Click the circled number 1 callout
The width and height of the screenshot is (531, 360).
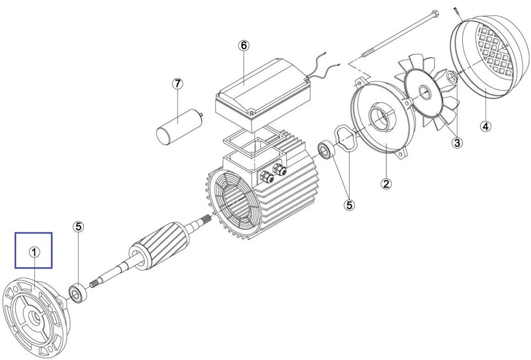click(x=34, y=252)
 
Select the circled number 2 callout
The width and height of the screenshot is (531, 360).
click(x=386, y=183)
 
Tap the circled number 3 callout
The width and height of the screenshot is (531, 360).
click(x=457, y=142)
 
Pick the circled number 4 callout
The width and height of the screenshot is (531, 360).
click(x=486, y=127)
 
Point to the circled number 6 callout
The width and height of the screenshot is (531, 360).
click(x=244, y=45)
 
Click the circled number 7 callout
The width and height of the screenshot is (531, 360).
click(x=178, y=84)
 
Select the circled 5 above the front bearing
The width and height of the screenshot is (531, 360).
click(x=78, y=227)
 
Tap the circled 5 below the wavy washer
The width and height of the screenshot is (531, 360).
click(x=349, y=204)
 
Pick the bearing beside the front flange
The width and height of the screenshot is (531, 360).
click(x=78, y=293)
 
